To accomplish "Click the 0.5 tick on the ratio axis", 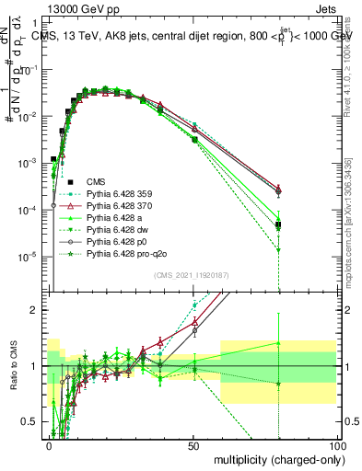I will (33, 421).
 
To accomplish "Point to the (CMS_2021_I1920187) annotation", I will (193, 275).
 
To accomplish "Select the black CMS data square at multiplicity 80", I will (278, 224).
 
